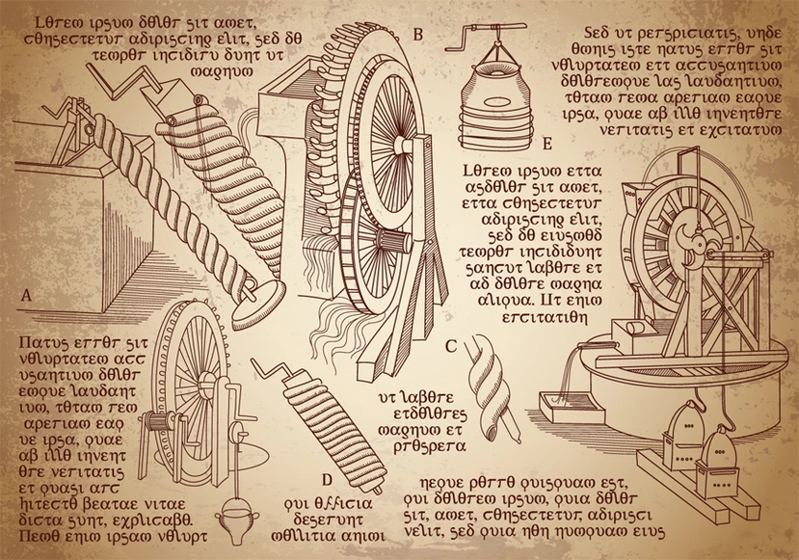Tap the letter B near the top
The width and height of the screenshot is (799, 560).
coord(417,36)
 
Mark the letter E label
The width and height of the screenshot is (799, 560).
coord(546,145)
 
